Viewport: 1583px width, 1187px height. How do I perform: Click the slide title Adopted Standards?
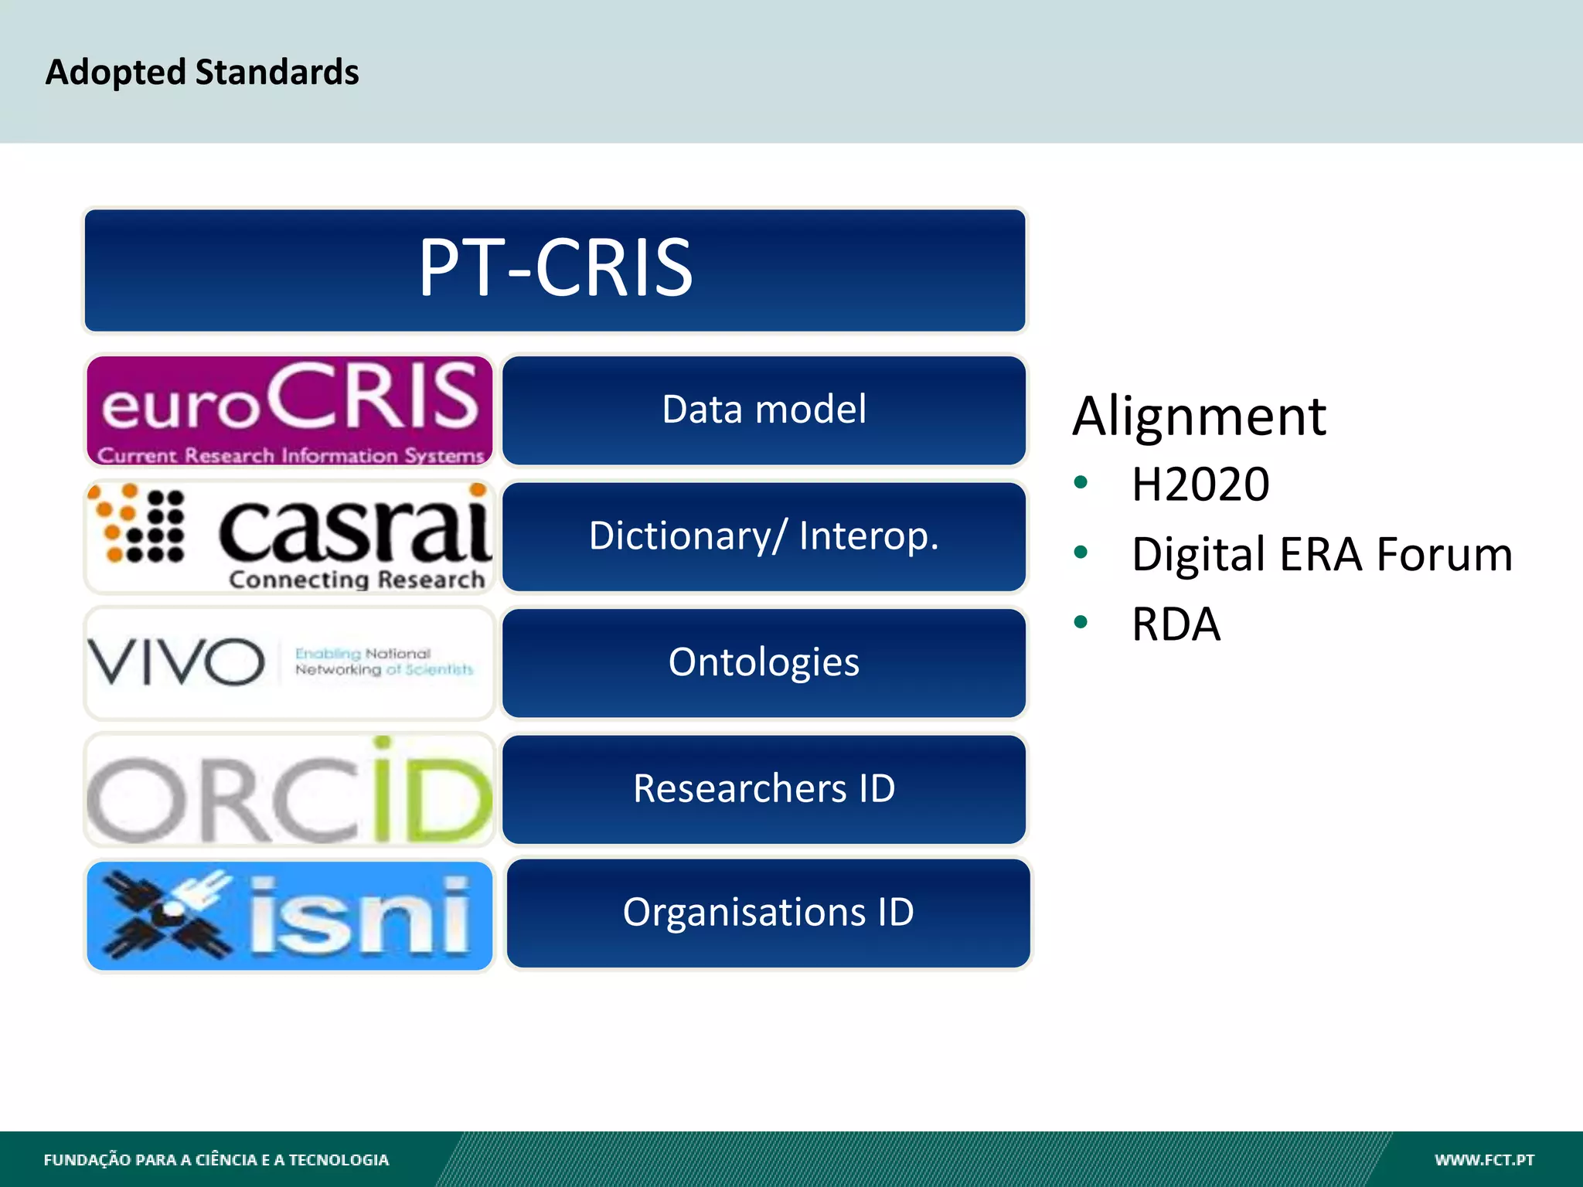(x=202, y=72)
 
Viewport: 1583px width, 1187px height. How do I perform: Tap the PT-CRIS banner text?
(x=555, y=268)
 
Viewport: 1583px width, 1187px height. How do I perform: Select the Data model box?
(x=764, y=410)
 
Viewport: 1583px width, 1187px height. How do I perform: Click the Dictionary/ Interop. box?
(x=764, y=536)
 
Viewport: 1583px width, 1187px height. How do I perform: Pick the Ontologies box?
(x=764, y=662)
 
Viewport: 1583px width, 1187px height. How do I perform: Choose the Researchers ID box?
(x=764, y=789)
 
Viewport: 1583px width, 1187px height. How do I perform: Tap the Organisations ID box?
(x=768, y=913)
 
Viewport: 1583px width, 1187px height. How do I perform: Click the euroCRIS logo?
(x=289, y=410)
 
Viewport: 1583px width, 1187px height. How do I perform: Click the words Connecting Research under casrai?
(x=356, y=580)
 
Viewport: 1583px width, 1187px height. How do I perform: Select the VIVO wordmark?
(x=176, y=662)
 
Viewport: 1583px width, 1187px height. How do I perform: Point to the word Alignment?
(x=1199, y=417)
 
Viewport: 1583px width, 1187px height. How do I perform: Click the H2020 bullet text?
(x=1200, y=485)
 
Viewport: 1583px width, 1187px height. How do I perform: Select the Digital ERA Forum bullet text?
(x=1322, y=554)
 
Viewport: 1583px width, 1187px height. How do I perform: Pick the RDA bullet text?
(x=1176, y=624)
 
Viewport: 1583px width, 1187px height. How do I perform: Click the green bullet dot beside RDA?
(x=1081, y=622)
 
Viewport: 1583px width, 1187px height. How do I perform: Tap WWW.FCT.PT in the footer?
(x=1484, y=1160)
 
